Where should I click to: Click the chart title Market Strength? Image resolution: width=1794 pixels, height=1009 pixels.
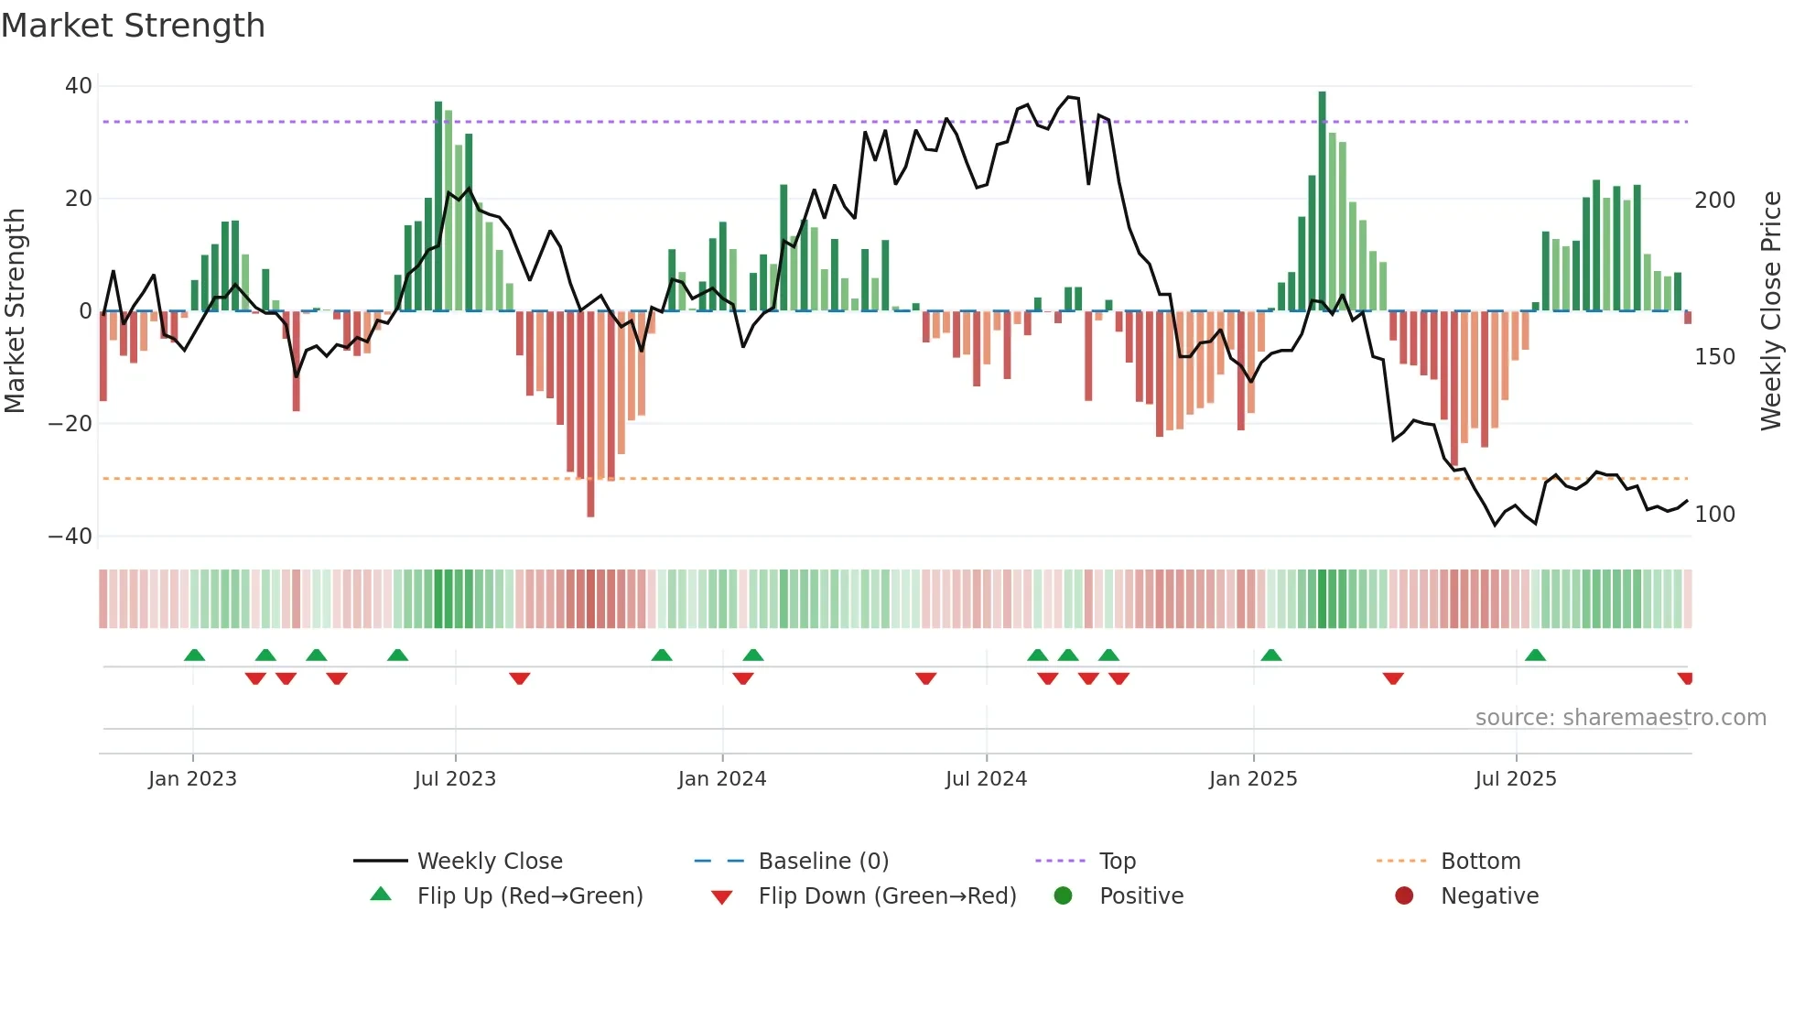(x=133, y=26)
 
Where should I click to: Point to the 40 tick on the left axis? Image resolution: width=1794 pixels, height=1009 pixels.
(x=79, y=86)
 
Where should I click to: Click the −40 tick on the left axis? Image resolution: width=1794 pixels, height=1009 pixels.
(x=71, y=537)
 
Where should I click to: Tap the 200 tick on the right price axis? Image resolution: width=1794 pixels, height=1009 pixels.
(x=1714, y=201)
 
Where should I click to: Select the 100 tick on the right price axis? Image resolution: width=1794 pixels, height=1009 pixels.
(x=1714, y=515)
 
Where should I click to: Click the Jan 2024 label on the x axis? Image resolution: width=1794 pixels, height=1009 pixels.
(x=721, y=779)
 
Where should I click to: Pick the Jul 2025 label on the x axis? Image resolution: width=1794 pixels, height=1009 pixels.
(x=1515, y=779)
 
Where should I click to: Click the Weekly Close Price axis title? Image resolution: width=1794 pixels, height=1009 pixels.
(x=1771, y=311)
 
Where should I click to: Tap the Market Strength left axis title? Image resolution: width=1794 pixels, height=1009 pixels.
(x=15, y=311)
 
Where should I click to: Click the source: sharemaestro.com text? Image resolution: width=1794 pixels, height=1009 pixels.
(x=1620, y=718)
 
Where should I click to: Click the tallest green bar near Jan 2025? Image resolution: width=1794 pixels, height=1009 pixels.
(x=1322, y=201)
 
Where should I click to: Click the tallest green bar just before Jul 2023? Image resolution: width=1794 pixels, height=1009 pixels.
(x=438, y=206)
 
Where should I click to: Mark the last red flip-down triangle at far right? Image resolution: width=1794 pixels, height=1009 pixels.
(x=1685, y=678)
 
